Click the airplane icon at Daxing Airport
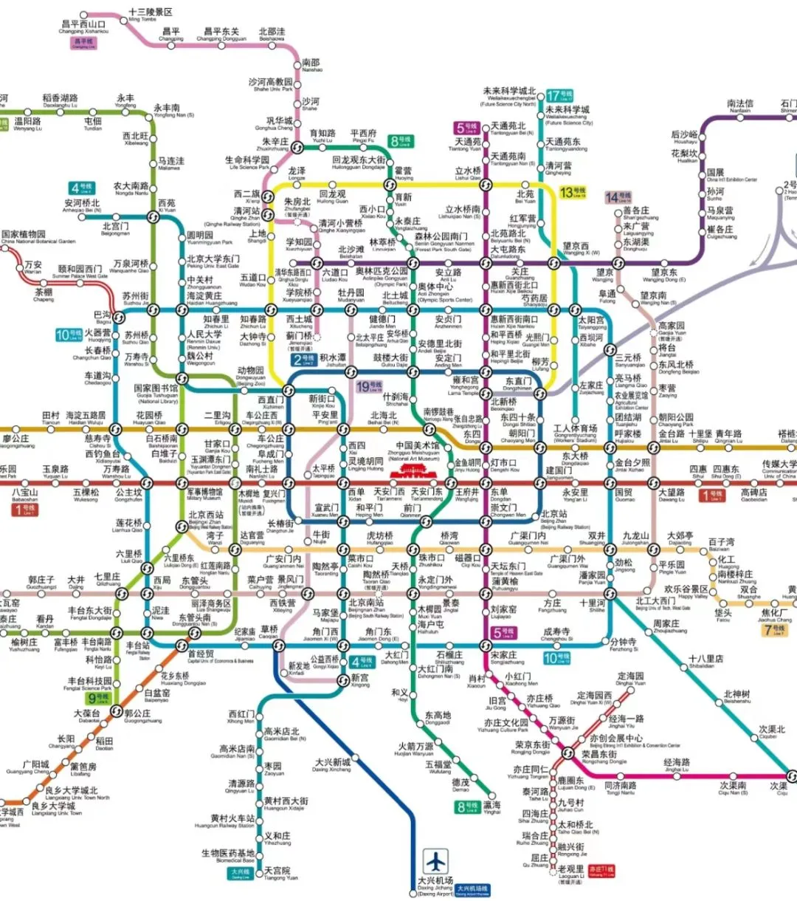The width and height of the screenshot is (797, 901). (x=436, y=861)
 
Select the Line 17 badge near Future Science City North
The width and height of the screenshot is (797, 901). (x=559, y=96)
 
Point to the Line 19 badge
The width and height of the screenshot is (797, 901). (x=369, y=386)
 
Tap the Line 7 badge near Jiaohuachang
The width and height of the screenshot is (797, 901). (x=777, y=628)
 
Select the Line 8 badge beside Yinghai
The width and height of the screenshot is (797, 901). (x=466, y=806)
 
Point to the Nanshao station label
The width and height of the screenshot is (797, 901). (x=311, y=66)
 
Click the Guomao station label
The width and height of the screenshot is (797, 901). (x=624, y=495)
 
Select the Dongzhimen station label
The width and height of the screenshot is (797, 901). (x=517, y=384)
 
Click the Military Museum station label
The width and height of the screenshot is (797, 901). (x=204, y=494)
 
